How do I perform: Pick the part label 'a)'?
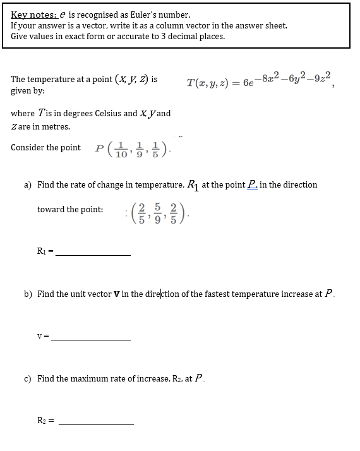28,184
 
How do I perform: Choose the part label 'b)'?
28,294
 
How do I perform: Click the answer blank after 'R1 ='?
93,254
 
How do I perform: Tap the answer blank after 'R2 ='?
95,423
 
